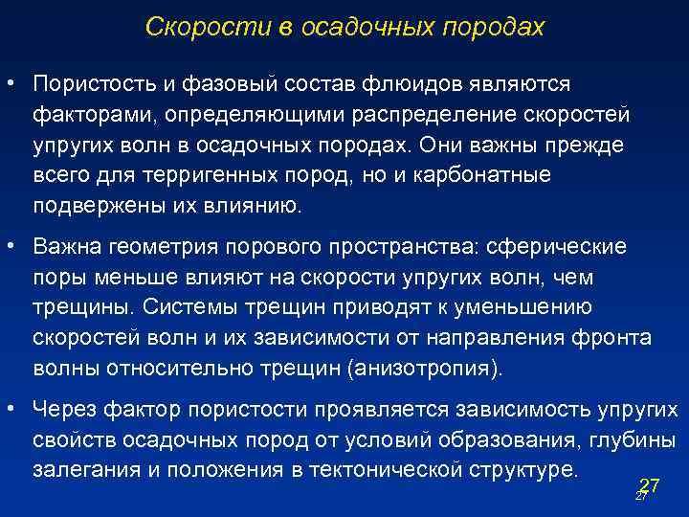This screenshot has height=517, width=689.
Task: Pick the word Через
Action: coord(61,410)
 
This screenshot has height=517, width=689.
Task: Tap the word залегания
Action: coord(78,470)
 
